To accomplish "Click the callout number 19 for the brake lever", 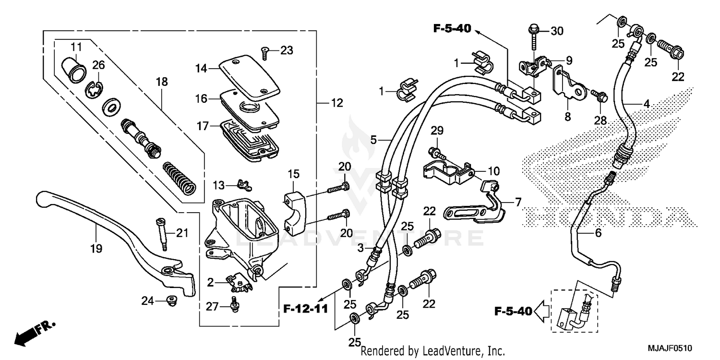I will point(96,248).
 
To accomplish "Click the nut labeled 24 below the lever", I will point(169,300).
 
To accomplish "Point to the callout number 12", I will point(337,103).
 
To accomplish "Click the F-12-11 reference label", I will point(305,308).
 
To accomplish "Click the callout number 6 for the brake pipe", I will point(598,233).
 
